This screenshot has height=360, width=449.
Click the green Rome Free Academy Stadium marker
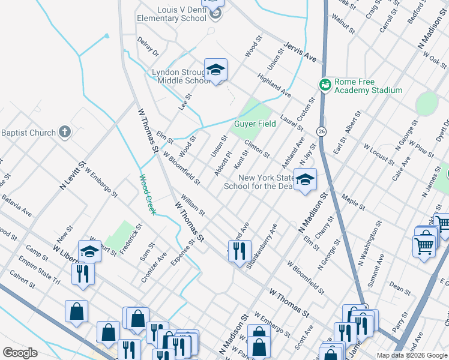pyautogui.click(x=325, y=85)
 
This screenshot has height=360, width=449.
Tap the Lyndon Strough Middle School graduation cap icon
pyautogui.click(x=215, y=70)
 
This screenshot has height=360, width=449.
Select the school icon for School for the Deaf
pyautogui.click(x=305, y=179)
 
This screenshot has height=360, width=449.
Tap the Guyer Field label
pyautogui.click(x=255, y=124)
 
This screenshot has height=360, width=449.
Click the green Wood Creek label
pyautogui.click(x=148, y=194)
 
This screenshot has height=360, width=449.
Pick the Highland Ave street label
pyautogui.click(x=274, y=86)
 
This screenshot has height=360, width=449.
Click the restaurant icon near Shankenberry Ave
pyautogui.click(x=239, y=250)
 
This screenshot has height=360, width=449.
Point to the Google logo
pyautogui.click(x=20, y=353)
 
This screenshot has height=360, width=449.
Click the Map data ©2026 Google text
pyautogui.click(x=412, y=355)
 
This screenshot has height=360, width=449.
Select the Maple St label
pyautogui.click(x=353, y=201)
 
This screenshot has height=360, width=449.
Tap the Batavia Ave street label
pyautogui.click(x=16, y=204)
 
